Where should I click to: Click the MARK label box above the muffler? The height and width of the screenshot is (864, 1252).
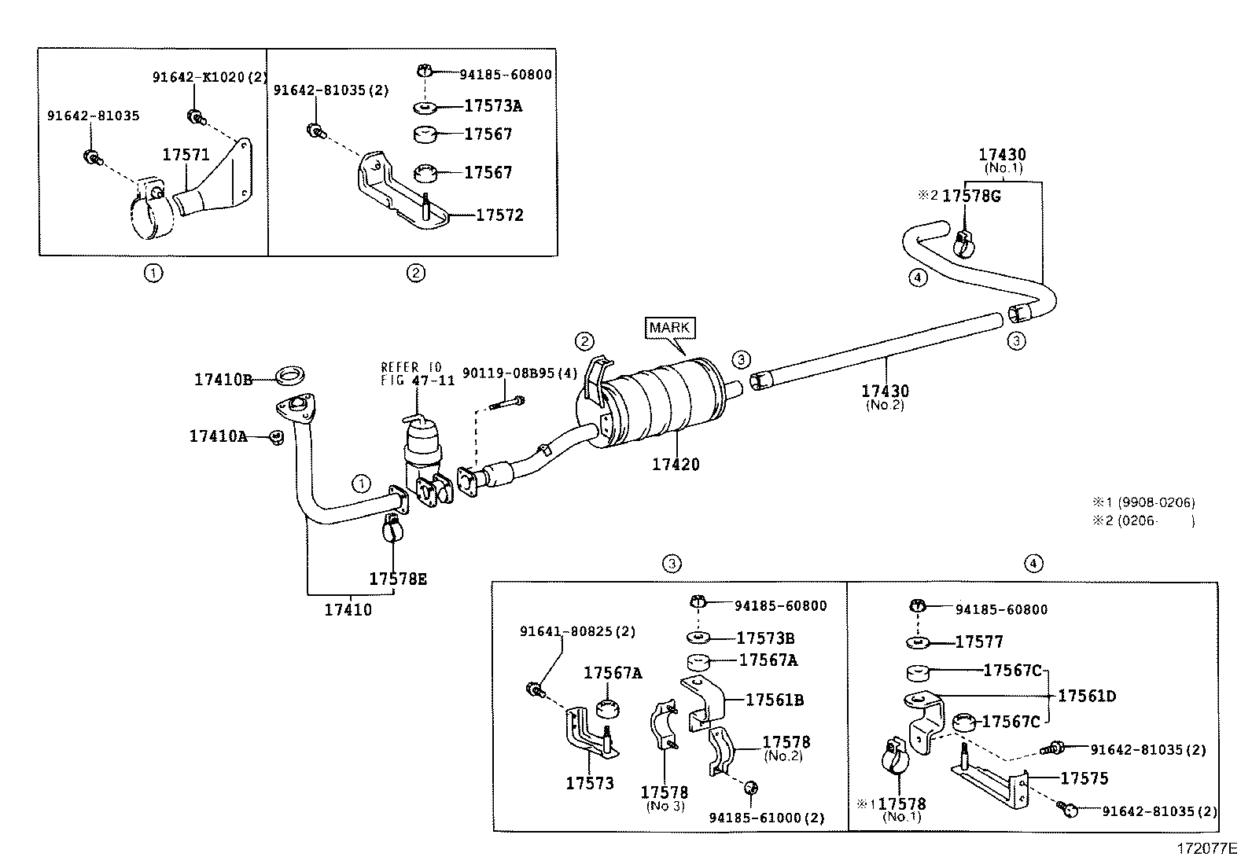(x=670, y=327)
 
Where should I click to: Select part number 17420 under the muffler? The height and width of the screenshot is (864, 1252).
(x=675, y=465)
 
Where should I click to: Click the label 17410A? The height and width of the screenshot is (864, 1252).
(x=218, y=436)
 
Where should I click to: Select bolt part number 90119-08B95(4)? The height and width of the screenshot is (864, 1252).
(x=519, y=373)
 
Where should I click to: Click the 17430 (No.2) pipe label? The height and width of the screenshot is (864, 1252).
(x=885, y=392)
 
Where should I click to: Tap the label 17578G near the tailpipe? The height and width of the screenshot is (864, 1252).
(x=971, y=196)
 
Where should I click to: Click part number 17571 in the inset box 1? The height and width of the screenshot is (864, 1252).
(x=186, y=155)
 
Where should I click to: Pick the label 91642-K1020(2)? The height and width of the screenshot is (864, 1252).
(x=210, y=77)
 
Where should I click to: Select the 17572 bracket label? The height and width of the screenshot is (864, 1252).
(x=499, y=215)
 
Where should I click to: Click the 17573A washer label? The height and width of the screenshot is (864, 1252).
(x=493, y=105)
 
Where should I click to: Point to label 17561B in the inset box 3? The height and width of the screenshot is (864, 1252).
(x=774, y=700)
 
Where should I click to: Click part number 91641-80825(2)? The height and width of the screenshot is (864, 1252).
(x=577, y=631)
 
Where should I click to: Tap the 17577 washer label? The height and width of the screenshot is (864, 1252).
(x=979, y=642)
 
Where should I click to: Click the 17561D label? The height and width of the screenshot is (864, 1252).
(x=1087, y=696)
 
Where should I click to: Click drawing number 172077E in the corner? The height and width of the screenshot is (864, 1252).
(x=1206, y=849)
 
